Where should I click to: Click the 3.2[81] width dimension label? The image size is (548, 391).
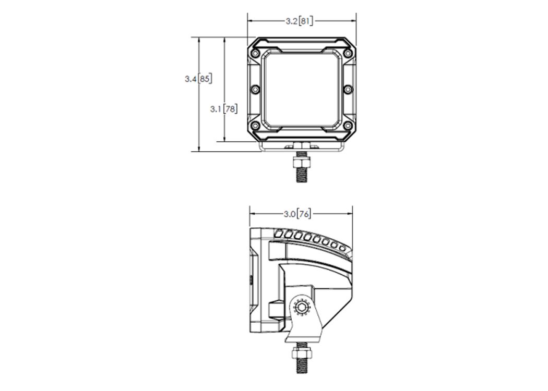click(x=299, y=21)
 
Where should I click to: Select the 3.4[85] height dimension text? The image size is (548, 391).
click(x=198, y=79)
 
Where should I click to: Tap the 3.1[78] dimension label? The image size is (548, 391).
click(x=224, y=109)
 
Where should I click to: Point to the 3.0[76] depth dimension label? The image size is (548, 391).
click(x=297, y=214)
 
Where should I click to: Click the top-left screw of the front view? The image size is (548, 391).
click(x=256, y=53)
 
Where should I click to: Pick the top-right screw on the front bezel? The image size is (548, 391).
click(x=348, y=53)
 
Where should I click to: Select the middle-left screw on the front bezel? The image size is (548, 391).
click(x=256, y=89)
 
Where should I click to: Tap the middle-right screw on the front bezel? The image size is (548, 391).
click(x=348, y=89)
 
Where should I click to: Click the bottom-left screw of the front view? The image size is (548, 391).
click(x=256, y=126)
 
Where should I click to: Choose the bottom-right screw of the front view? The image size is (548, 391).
click(x=348, y=126)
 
